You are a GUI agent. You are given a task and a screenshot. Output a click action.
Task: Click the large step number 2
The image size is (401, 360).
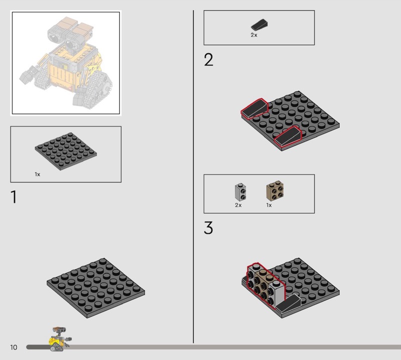tap(209, 60)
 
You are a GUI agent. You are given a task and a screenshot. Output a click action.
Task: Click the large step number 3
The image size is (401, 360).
tap(209, 228)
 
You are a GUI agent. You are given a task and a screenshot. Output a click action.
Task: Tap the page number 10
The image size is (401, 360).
tap(14, 347)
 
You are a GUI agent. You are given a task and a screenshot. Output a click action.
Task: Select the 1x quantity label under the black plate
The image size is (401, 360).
tap(37, 174)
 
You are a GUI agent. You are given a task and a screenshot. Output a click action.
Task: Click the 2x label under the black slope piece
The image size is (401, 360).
tap(254, 35)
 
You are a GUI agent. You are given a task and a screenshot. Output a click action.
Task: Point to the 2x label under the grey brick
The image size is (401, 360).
tap(238, 205)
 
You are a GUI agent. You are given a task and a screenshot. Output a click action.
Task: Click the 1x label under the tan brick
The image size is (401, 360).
tap(269, 205)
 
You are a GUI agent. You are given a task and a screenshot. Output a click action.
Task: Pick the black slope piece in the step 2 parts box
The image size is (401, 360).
tap(259, 25)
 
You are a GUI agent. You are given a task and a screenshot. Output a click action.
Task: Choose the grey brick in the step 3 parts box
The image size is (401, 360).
tap(241, 192)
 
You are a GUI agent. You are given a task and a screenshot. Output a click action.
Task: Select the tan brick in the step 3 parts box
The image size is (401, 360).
tap(275, 191)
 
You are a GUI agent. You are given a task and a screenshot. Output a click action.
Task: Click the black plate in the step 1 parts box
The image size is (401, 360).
tap(66, 151)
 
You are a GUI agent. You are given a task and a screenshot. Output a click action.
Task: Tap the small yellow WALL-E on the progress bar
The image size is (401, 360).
tap(59, 339)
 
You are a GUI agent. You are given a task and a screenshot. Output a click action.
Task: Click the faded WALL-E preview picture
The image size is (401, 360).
tap(66, 63)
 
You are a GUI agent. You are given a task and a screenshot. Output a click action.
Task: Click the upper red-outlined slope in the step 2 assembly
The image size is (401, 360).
tap(255, 108)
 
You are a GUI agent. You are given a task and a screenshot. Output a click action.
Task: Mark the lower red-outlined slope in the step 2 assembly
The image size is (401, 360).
tap(288, 136)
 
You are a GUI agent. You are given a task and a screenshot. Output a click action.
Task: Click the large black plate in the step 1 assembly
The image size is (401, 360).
tap(96, 288)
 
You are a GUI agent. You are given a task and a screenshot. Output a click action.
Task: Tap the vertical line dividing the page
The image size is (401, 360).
tap(193, 176)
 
